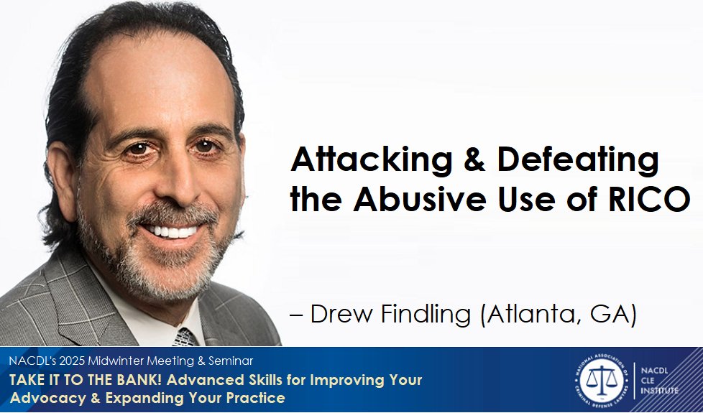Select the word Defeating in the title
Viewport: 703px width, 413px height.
point(577,160)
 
